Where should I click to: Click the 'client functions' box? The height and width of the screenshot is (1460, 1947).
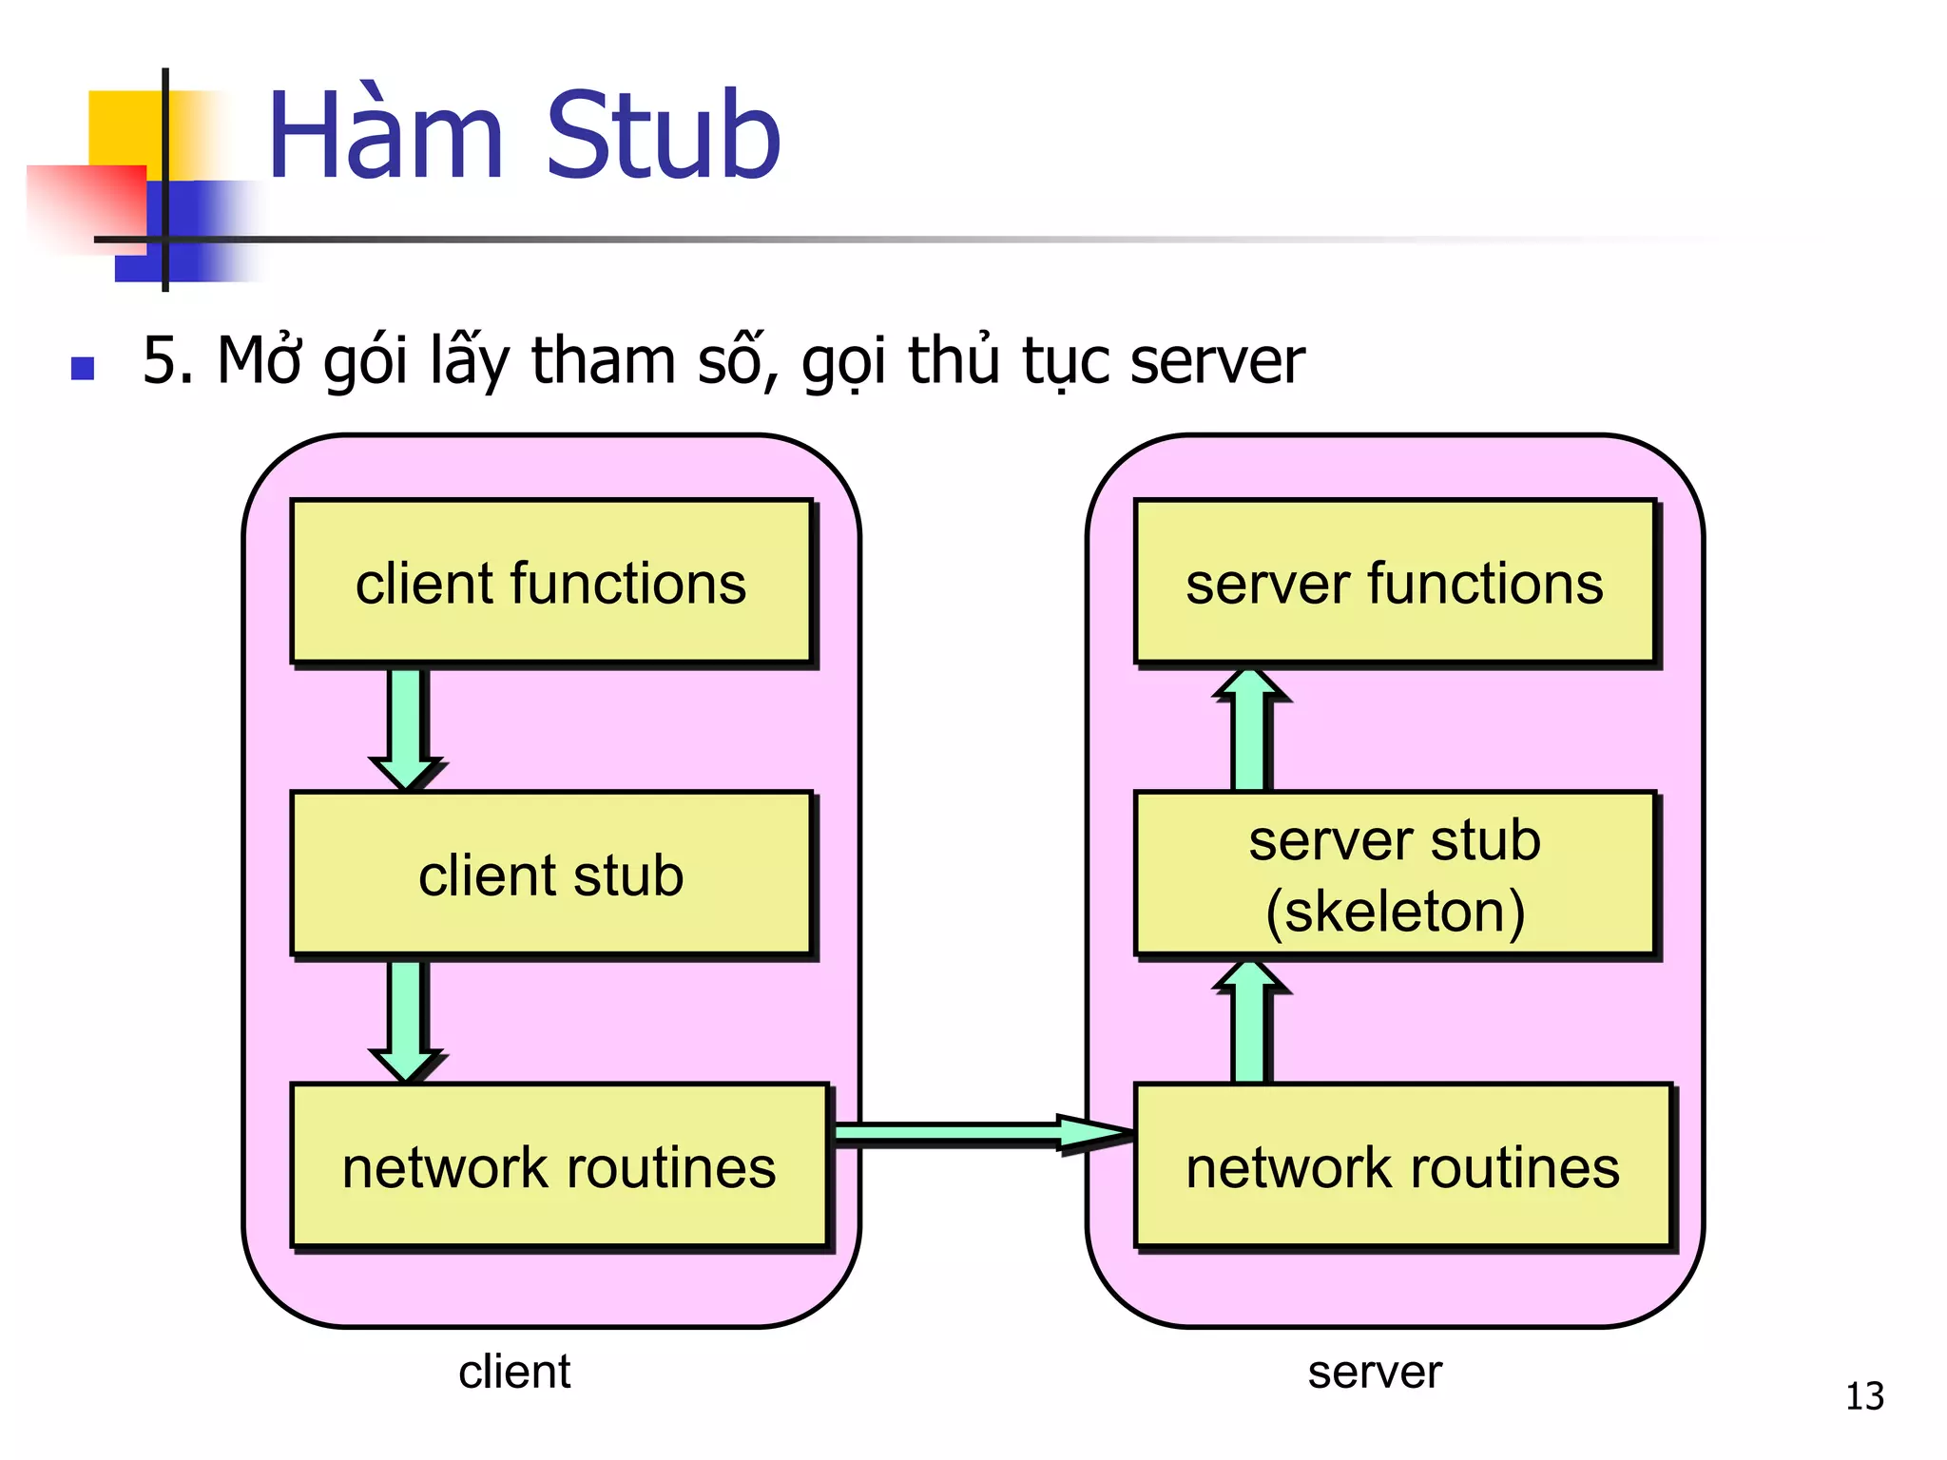(x=551, y=582)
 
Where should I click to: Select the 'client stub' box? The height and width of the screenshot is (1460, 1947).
(x=551, y=874)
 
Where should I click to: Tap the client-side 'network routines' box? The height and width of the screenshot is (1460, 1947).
(x=559, y=1166)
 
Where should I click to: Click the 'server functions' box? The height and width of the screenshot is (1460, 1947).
(x=1395, y=582)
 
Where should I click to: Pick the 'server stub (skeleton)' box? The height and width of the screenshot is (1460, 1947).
(x=1395, y=874)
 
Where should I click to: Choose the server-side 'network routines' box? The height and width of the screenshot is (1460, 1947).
(x=1402, y=1166)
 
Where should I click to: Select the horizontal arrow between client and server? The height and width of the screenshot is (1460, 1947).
(x=979, y=1132)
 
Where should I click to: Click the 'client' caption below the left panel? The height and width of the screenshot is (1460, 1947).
(x=514, y=1372)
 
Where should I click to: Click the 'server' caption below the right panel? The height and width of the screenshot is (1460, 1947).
(x=1375, y=1372)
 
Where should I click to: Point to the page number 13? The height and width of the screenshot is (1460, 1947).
(x=1864, y=1396)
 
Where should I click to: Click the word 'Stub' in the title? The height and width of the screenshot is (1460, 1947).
(x=663, y=135)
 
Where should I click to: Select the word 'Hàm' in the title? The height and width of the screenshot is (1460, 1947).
(x=385, y=135)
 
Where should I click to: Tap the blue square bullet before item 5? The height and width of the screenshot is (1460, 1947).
(x=83, y=368)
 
